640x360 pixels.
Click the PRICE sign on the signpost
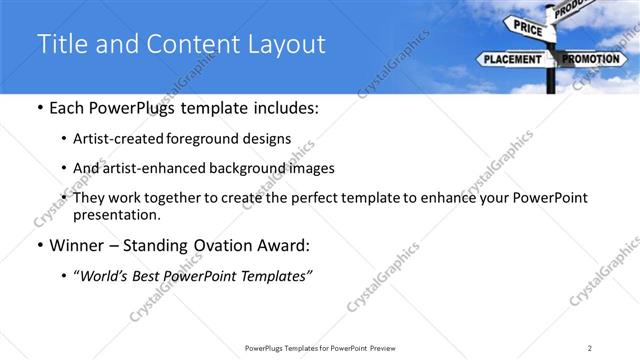pyautogui.click(x=528, y=29)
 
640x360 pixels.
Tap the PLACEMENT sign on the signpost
pyautogui.click(x=512, y=60)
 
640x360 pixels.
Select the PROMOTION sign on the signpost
pyautogui.click(x=593, y=60)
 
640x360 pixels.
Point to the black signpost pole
pyautogui.click(x=551, y=80)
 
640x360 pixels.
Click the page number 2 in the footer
pyautogui.click(x=590, y=348)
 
